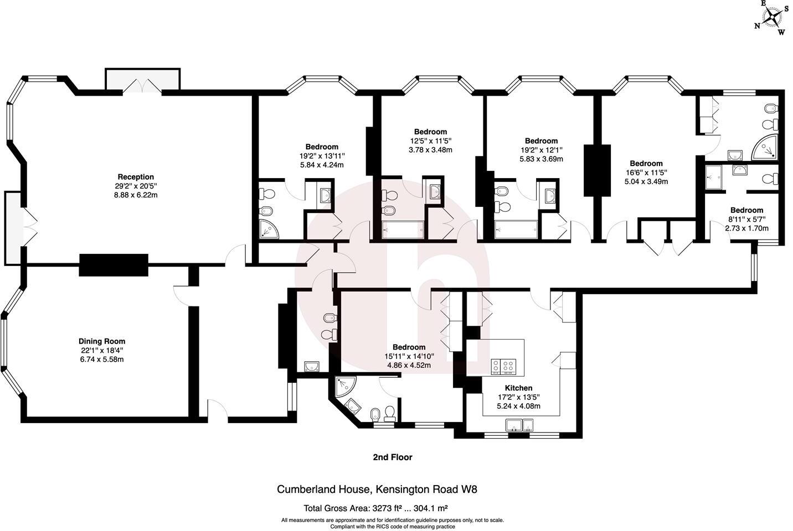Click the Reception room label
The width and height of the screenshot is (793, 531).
click(136, 177)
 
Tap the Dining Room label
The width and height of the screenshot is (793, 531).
click(102, 341)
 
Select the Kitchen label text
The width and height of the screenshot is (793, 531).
click(518, 388)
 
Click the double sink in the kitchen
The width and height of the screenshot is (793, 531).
click(519, 425)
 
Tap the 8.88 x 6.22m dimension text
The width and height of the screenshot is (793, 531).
click(136, 195)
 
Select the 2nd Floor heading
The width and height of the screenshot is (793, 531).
click(392, 457)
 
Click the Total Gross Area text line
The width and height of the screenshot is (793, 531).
click(375, 508)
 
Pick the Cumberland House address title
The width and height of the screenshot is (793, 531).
click(377, 489)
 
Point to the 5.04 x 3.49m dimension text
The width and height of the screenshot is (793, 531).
click(646, 181)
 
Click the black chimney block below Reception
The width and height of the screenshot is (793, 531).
click(114, 265)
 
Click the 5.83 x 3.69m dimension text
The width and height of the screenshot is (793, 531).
click(541, 159)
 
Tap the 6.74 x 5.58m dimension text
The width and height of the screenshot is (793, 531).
click(102, 359)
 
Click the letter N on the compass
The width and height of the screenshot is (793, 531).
click(757, 25)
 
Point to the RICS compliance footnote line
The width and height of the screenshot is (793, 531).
click(393, 527)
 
